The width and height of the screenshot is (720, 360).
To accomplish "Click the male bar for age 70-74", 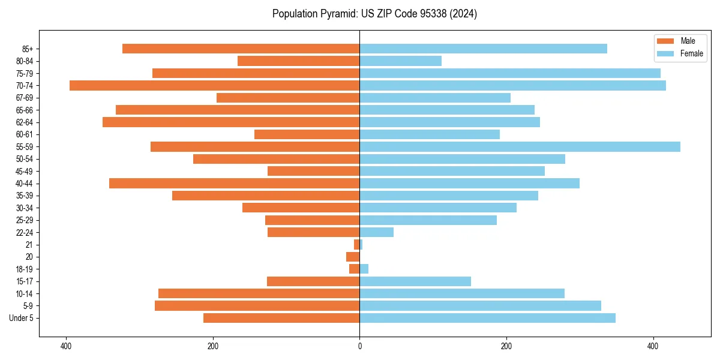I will coord(214,86).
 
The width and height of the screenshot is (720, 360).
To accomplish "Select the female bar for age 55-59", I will coord(520,147).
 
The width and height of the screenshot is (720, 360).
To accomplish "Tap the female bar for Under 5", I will coord(487,318).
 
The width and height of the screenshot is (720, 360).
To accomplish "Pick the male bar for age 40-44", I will coord(234,184).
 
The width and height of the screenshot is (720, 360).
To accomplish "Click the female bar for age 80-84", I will coord(400,61).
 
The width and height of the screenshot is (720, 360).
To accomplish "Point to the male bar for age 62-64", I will coord(231,122).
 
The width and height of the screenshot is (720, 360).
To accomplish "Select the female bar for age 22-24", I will coord(376,232).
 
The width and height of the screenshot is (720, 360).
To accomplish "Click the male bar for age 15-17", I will coord(313,281).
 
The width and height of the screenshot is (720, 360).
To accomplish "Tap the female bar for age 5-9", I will coord(480,306).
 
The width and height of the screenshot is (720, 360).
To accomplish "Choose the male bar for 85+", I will coord(241,49).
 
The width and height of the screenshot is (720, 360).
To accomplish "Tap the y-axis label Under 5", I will coord(22,318).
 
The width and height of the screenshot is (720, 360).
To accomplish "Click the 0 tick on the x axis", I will coord(359,346).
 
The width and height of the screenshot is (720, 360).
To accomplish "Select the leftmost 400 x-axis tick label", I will coord(66,346).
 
